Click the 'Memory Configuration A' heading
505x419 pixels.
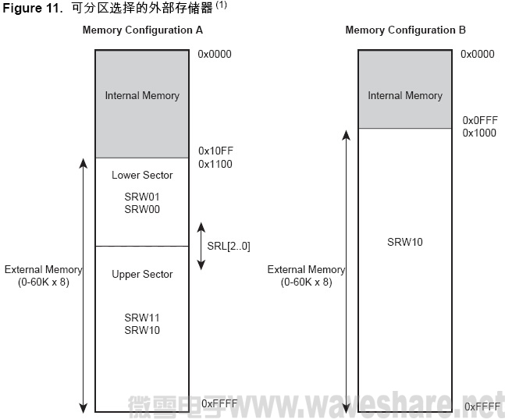pyautogui.click(x=142, y=30)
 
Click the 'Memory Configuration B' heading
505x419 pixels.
pyautogui.click(x=405, y=30)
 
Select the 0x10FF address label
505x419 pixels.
pyautogui.click(x=215, y=150)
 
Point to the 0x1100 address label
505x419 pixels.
pyautogui.click(x=215, y=164)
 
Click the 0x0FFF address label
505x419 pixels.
pyautogui.click(x=479, y=120)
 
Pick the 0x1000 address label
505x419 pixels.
pyautogui.click(x=479, y=133)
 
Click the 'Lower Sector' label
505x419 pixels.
pyautogui.click(x=142, y=175)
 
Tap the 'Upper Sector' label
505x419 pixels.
pyautogui.click(x=142, y=274)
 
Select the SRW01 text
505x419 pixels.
pyautogui.click(x=142, y=197)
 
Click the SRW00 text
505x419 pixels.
pyautogui.click(x=142, y=209)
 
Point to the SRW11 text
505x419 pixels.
pyautogui.click(x=142, y=318)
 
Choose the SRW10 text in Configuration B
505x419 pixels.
pyautogui.click(x=405, y=242)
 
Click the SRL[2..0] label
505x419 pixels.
pyautogui.click(x=229, y=246)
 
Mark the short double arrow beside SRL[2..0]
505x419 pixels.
pyautogui.click(x=201, y=246)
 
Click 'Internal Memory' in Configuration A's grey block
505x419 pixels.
pyautogui.click(x=142, y=95)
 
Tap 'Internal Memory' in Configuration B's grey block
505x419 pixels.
pyautogui.click(x=405, y=95)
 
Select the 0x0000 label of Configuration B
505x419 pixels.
pyautogui.click(x=478, y=54)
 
